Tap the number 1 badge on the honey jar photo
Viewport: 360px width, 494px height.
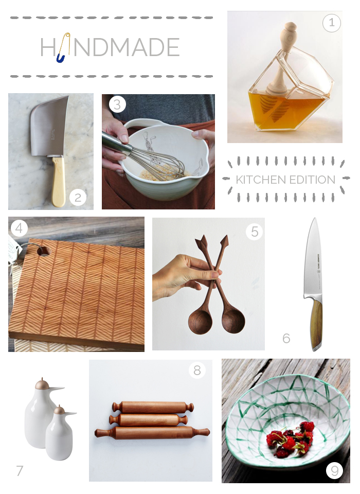[331, 23]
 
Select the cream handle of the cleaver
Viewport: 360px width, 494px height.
[59, 180]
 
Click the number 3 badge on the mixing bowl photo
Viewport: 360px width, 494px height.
[117, 105]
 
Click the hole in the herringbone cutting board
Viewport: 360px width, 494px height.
[44, 252]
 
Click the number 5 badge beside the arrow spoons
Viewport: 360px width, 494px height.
[254, 232]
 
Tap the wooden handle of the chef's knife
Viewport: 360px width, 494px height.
[317, 324]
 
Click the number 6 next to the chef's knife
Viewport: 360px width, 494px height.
[286, 339]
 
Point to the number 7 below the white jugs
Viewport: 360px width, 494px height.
[20, 470]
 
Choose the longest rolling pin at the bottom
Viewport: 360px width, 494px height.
[152, 432]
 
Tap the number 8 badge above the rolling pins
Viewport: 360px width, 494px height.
[197, 369]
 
